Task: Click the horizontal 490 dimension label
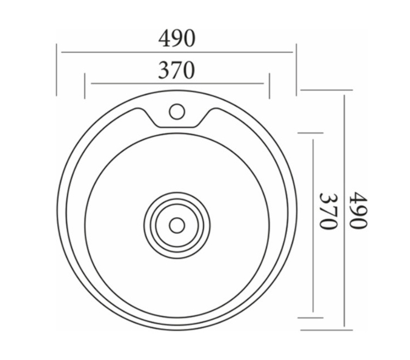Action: [177, 38]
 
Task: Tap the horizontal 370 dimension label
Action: [176, 70]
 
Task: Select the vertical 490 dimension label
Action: [359, 211]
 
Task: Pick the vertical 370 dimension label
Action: [328, 211]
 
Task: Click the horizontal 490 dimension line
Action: [177, 52]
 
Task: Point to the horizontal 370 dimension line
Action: [177, 83]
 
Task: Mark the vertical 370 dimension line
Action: [313, 225]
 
